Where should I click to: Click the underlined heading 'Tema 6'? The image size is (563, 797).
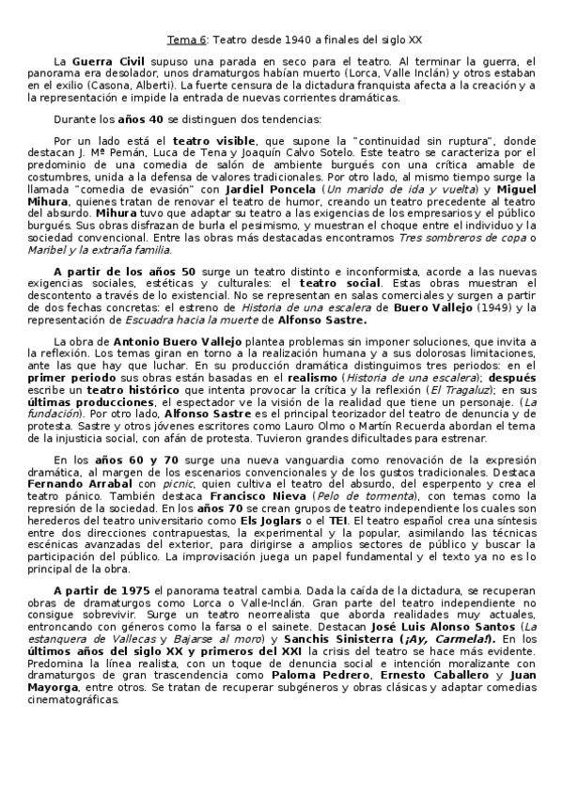[x=187, y=40]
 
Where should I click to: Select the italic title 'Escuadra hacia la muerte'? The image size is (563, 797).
[x=181, y=319]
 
